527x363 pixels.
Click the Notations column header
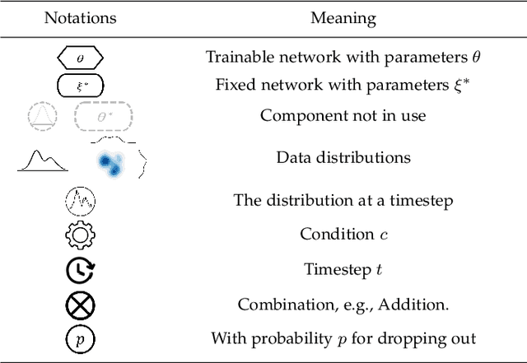tap(80, 17)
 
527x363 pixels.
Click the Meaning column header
tap(343, 17)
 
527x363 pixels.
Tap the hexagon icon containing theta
tap(80, 58)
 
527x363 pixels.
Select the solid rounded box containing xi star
tap(80, 85)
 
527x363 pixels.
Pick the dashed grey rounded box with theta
tap(102, 117)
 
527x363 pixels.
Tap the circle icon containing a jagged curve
tap(80, 200)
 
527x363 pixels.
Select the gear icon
tap(80, 235)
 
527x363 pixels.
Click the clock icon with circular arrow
tap(80, 270)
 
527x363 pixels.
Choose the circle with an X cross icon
tap(80, 305)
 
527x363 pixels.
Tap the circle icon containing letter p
tap(80, 338)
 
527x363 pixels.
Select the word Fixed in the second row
tap(234, 85)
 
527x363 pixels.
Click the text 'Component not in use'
tap(343, 115)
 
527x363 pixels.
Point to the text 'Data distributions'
tap(343, 157)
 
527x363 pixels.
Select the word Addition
tap(418, 305)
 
